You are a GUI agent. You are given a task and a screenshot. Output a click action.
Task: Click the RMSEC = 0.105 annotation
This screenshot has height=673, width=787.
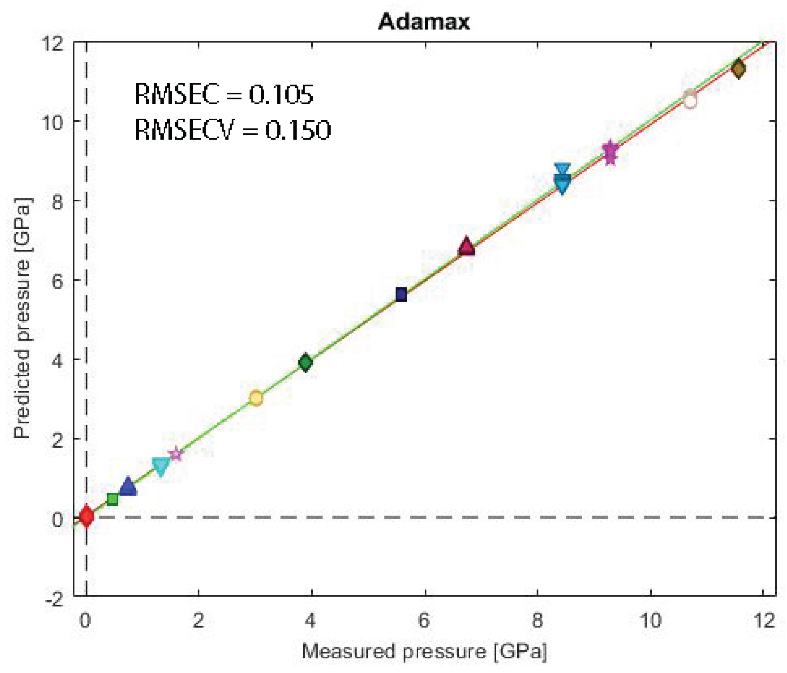click(224, 94)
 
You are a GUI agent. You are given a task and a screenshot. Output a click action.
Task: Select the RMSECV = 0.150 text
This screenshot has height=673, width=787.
click(233, 130)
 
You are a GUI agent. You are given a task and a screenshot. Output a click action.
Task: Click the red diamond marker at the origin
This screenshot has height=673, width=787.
click(86, 516)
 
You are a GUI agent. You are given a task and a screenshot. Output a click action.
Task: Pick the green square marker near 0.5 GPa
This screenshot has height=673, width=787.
click(112, 499)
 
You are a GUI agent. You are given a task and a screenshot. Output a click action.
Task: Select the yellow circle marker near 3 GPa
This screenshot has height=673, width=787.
click(256, 398)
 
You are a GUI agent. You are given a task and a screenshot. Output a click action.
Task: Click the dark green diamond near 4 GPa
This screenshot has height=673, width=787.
click(305, 362)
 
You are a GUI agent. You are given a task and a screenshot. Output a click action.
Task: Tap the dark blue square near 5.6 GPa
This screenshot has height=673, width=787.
click(401, 294)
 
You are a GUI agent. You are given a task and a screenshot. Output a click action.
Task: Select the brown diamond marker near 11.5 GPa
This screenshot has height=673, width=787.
click(738, 69)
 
